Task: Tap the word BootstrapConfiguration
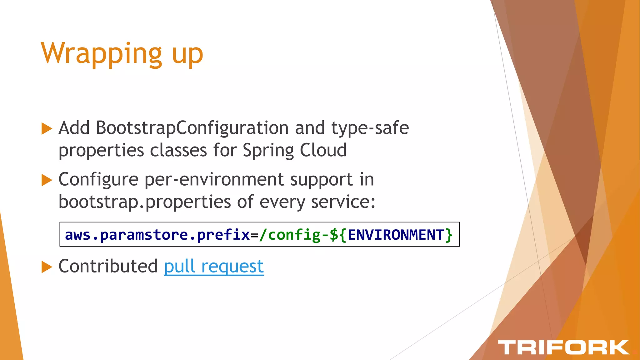pos(192,128)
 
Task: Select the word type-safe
pos(370,128)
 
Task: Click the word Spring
pos(268,151)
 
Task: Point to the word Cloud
pos(323,150)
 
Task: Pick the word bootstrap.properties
pos(145,202)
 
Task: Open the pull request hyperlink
pos(214,266)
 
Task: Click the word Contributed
pos(108,266)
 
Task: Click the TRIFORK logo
pos(563,347)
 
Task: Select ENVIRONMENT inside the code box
pos(396,235)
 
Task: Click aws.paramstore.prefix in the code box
pos(157,235)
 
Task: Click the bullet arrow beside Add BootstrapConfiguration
pos(47,128)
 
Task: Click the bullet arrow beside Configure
pos(47,180)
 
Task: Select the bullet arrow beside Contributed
pos(47,267)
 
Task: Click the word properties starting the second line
pos(101,151)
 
